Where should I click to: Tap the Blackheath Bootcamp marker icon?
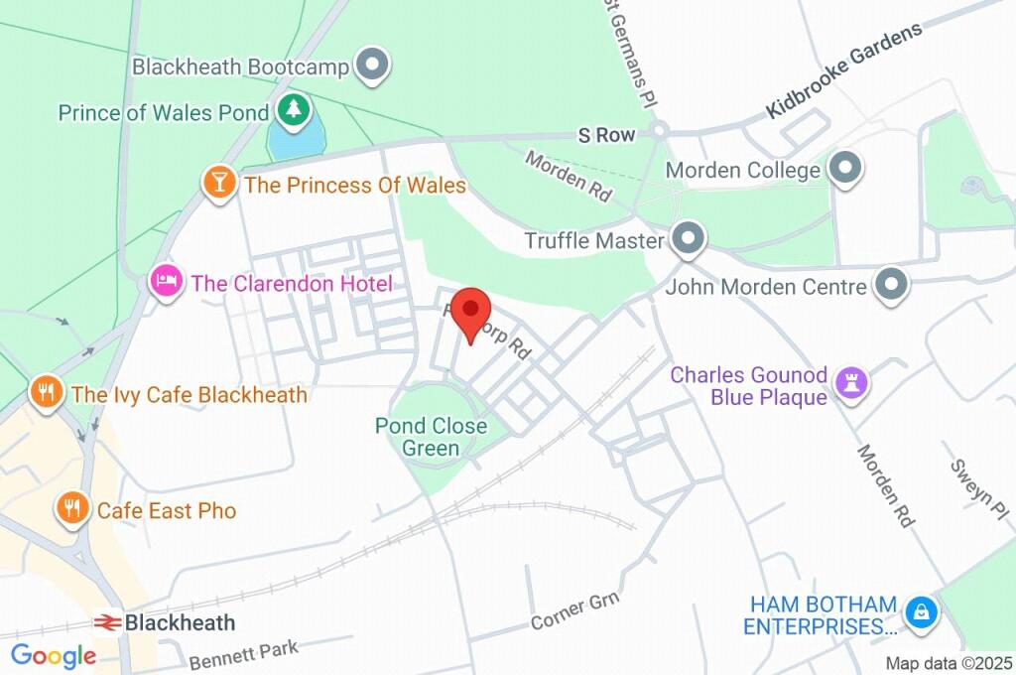pos(373,67)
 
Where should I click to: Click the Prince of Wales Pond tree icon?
pos(292,110)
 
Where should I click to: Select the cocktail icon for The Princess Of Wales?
pos(219,183)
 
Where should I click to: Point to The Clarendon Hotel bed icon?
pos(167,282)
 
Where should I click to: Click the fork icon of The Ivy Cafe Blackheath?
pos(46,392)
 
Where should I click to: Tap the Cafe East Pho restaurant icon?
pos(71,509)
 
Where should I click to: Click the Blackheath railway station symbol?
pos(106,623)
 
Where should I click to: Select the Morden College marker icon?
pos(844,169)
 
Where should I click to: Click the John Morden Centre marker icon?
pos(891,286)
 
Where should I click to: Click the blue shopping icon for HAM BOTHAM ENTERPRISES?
pos(922,613)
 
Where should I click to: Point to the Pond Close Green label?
pos(431,437)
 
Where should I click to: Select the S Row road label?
pos(607,135)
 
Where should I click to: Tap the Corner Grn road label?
pos(574,612)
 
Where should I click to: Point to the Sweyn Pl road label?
pos(977,483)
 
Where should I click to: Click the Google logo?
pos(53,655)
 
